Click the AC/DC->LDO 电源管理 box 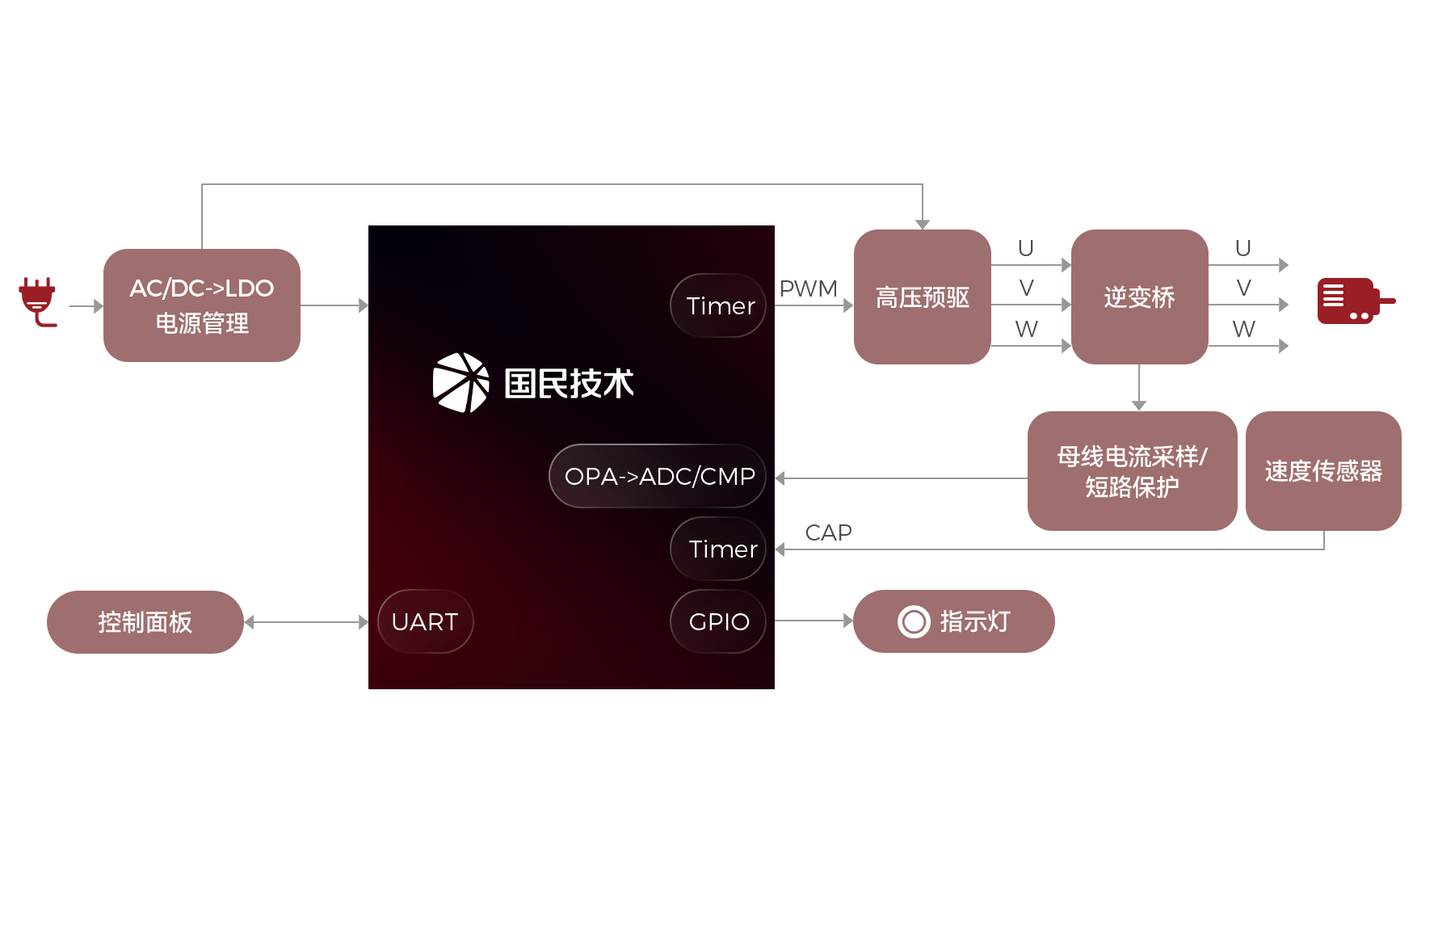(x=201, y=305)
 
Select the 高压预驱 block (x=922, y=297)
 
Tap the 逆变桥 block (x=1139, y=297)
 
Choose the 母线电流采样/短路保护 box (x=1131, y=470)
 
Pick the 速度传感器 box (x=1322, y=470)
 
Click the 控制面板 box (x=145, y=621)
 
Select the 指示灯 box (x=953, y=621)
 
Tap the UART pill (x=425, y=621)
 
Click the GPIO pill (x=718, y=621)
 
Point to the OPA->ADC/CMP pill (x=658, y=476)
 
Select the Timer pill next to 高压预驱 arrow (x=719, y=305)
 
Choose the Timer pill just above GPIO (x=719, y=549)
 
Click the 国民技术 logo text (x=569, y=383)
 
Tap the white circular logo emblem (x=460, y=382)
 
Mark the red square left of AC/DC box (x=38, y=302)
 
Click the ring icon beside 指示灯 (x=914, y=621)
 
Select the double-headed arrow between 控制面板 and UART (x=306, y=622)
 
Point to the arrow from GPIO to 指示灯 (x=813, y=621)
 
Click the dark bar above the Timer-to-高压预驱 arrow (x=808, y=288)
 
